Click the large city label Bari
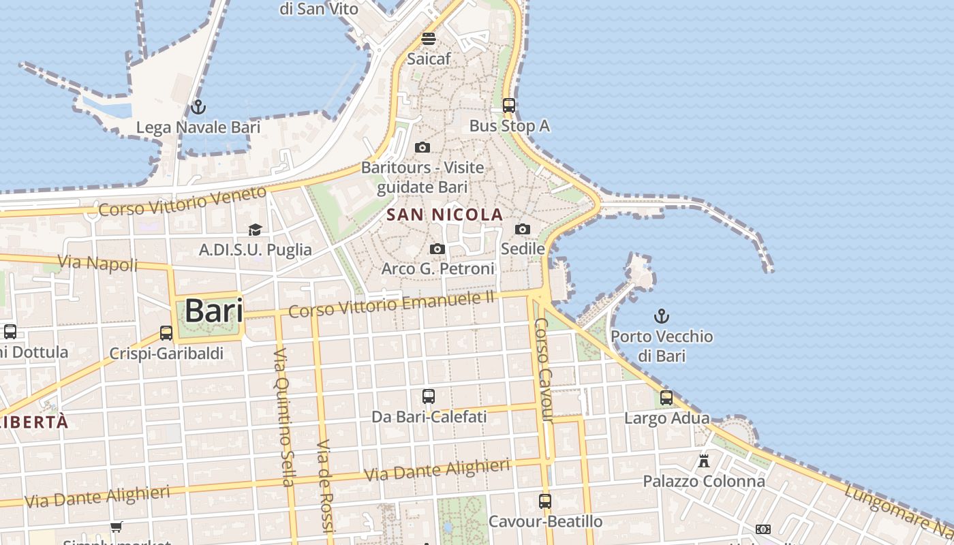(x=213, y=311)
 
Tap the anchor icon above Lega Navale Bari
(x=198, y=107)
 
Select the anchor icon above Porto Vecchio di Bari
(x=661, y=316)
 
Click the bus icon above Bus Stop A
(x=509, y=106)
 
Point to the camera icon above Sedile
(x=523, y=229)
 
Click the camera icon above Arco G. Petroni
(x=437, y=249)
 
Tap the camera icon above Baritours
(x=422, y=147)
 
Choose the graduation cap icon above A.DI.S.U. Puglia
(x=255, y=230)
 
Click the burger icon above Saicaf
(x=429, y=38)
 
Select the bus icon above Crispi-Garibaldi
(x=166, y=333)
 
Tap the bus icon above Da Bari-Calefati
(x=429, y=396)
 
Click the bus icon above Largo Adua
(x=666, y=398)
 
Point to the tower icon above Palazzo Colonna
(x=704, y=461)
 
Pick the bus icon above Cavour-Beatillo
(x=545, y=501)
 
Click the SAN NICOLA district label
(x=444, y=215)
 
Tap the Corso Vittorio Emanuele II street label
(x=391, y=304)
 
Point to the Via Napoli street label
(x=97, y=263)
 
